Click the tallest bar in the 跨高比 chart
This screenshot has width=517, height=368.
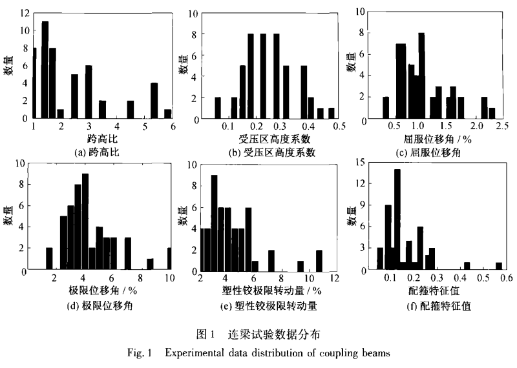(45, 71)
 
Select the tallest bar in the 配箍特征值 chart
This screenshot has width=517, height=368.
(397, 220)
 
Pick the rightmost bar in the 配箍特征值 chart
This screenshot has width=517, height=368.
(499, 266)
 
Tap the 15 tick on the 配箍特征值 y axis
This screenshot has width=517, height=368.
(367, 164)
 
